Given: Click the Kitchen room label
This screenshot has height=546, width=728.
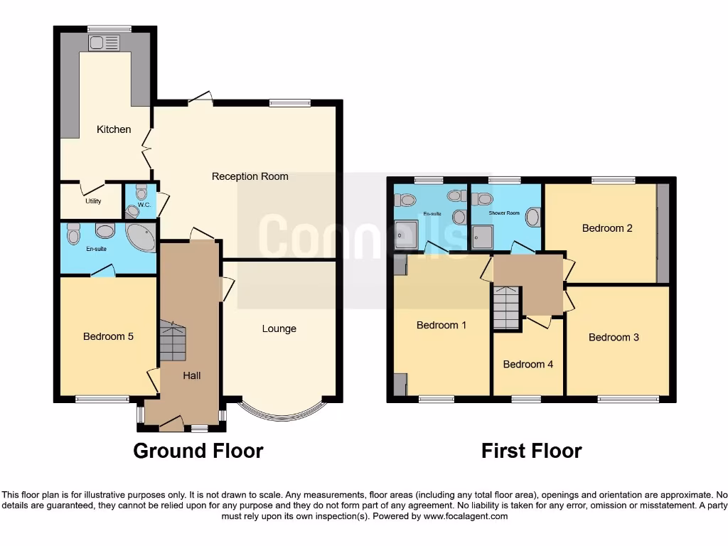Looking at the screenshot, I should tap(114, 129).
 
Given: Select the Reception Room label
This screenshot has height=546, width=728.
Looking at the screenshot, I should tap(250, 176).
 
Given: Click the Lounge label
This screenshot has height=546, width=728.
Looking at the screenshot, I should tap(279, 328).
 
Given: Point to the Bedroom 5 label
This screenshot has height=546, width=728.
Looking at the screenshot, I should tap(108, 336).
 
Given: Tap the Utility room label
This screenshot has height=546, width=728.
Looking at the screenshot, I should tap(93, 201).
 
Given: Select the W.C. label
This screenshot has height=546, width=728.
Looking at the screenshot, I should tap(144, 205).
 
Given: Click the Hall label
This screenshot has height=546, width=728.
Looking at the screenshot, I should tap(191, 375).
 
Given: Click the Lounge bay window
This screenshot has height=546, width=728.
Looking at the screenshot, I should tap(279, 411).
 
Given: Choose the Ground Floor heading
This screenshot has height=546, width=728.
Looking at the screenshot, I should tap(198, 451).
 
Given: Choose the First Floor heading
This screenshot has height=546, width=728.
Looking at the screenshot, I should tap(531, 451).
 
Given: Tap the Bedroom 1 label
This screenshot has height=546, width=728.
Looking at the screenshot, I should tap(441, 325).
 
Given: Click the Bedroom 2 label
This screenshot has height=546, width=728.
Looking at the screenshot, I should tap(607, 228).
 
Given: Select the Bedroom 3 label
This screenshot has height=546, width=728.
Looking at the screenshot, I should tap(614, 337).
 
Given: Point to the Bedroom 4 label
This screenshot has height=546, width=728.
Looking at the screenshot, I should tap(528, 364).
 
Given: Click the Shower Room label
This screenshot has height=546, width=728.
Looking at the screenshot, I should tap(504, 213).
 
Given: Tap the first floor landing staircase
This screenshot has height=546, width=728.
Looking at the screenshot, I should tap(506, 307).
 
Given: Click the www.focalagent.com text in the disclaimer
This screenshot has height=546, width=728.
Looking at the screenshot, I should tap(465, 517).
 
